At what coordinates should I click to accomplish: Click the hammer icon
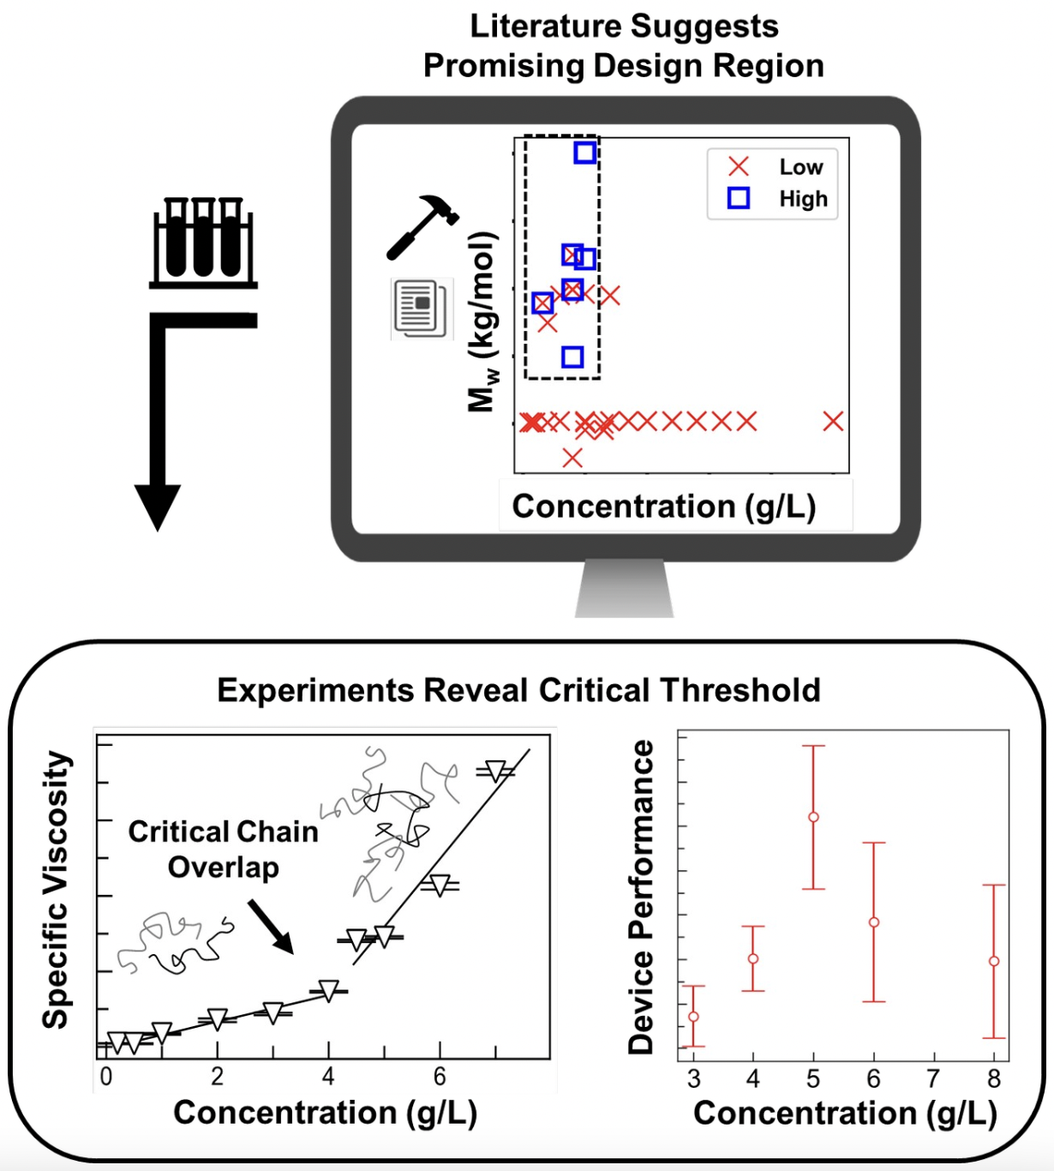click(x=422, y=225)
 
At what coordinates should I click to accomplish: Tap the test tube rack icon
click(x=203, y=243)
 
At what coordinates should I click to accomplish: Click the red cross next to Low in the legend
click(x=738, y=166)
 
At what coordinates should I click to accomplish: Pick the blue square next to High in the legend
click(x=738, y=199)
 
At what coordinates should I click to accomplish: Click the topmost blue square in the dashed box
click(x=584, y=153)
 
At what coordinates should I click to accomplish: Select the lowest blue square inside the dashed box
click(x=572, y=357)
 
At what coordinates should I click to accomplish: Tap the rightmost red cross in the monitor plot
click(x=833, y=421)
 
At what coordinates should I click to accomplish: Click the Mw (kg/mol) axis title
click(x=482, y=321)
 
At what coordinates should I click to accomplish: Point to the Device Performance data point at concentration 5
click(x=813, y=817)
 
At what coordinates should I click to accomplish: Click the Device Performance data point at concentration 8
click(x=994, y=961)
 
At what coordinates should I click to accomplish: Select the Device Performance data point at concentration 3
click(x=694, y=1017)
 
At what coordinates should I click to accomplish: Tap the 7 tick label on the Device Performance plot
click(x=933, y=1078)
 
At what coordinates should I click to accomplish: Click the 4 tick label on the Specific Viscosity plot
click(x=328, y=1077)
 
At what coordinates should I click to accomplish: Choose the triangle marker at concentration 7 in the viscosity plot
click(x=495, y=771)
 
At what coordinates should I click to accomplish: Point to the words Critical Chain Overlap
click(x=224, y=849)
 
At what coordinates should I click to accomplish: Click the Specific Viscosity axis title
click(x=56, y=889)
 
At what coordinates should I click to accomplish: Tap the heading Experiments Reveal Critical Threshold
click(x=518, y=690)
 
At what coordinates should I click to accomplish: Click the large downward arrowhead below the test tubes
click(x=158, y=506)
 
